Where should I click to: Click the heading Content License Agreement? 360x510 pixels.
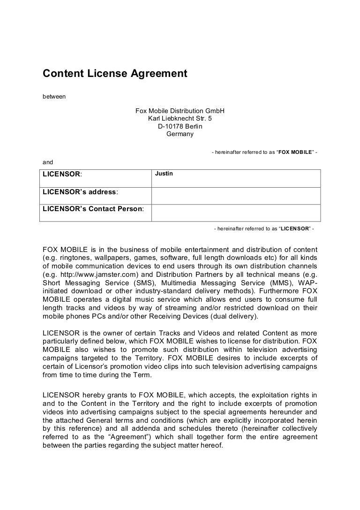pyautogui.click(x=115, y=74)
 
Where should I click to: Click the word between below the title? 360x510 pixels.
pyautogui.click(x=54, y=97)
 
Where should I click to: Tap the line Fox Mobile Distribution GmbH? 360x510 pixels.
pyautogui.click(x=180, y=111)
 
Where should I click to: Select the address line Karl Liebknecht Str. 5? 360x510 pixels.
pyautogui.click(x=180, y=119)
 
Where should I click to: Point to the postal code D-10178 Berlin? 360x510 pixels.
pyautogui.click(x=180, y=126)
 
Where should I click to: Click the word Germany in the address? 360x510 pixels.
pyautogui.click(x=180, y=134)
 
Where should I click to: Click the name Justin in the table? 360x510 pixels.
pyautogui.click(x=164, y=174)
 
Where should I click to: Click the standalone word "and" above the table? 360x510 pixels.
pyautogui.click(x=48, y=162)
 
